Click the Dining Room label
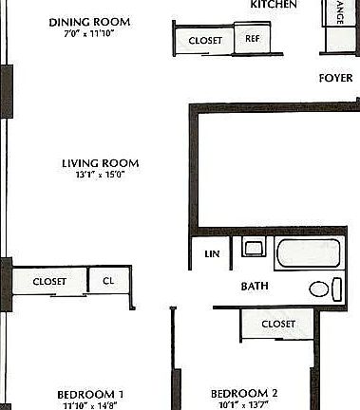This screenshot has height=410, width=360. pyautogui.click(x=89, y=22)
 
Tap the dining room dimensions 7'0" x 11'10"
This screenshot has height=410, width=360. pyautogui.click(x=89, y=34)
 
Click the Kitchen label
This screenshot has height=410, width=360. pyautogui.click(x=274, y=5)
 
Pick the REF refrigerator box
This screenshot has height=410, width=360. pyautogui.click(x=253, y=40)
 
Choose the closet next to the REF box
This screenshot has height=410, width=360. pyautogui.click(x=205, y=41)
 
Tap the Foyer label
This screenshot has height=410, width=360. pyautogui.click(x=336, y=79)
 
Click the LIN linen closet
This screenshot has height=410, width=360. pyautogui.click(x=212, y=253)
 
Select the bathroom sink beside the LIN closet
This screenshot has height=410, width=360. pyautogui.click(x=254, y=249)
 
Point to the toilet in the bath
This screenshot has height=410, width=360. pyautogui.click(x=322, y=289)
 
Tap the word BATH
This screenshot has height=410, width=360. pyautogui.click(x=254, y=286)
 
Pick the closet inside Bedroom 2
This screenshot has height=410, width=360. pyautogui.click(x=277, y=325)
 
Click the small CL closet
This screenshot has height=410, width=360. pyautogui.click(x=108, y=281)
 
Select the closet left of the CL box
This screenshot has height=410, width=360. pyautogui.click(x=49, y=282)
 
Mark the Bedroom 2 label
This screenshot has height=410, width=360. pyautogui.click(x=244, y=393)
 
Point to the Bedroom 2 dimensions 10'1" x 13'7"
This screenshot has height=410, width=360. pyautogui.click(x=244, y=405)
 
